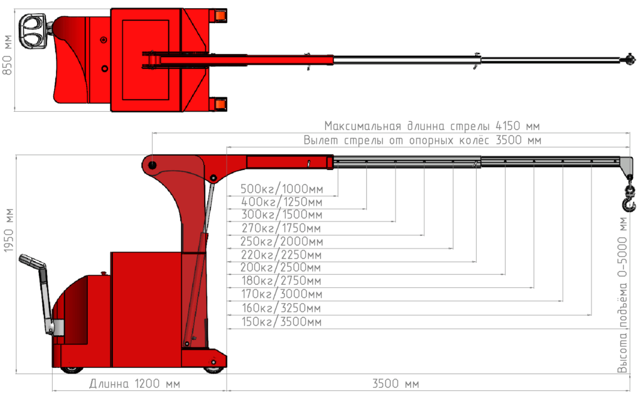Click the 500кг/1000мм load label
[281, 189]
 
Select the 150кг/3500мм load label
[281, 322]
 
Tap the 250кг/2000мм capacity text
[281, 242]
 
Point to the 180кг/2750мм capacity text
[281, 281]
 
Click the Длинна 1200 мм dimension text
[134, 383]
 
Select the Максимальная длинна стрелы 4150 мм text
[433, 126]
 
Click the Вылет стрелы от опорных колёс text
[421, 140]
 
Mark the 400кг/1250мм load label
[281, 202]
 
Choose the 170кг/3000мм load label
[281, 294]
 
